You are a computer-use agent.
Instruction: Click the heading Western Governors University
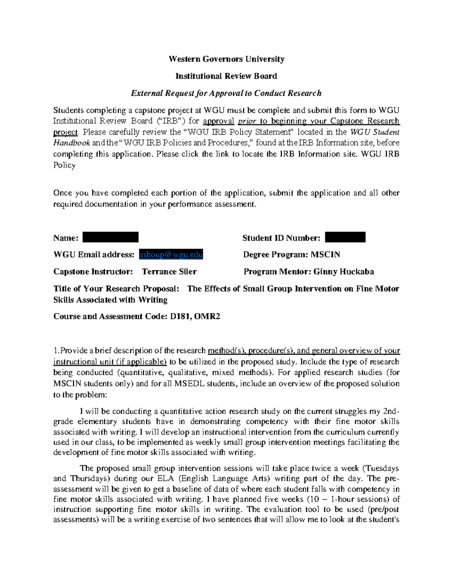pos(226,59)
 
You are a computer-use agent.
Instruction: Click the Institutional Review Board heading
pos(226,76)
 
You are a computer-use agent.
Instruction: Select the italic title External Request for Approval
pos(226,93)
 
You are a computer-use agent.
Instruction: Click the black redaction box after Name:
pos(110,237)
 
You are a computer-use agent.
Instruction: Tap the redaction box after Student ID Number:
pos(345,237)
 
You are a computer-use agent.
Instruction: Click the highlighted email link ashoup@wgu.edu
pos(171,255)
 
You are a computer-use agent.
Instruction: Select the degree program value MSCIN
pos(325,255)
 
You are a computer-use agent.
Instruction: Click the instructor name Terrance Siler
pos(169,272)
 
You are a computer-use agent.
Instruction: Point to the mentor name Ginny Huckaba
pos(344,272)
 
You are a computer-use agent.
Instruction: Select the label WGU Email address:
pos(94,255)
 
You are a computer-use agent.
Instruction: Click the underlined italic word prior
pos(247,121)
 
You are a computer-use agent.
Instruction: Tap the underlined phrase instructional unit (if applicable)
pos(110,361)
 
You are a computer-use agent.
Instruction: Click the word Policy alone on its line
pos(64,165)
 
